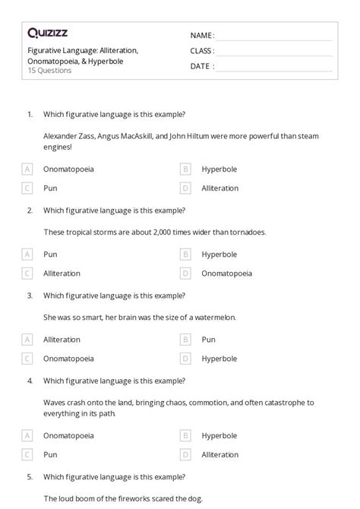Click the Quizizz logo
click(x=48, y=33)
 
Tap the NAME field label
click(x=201, y=36)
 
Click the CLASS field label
click(x=202, y=51)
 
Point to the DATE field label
click(x=201, y=66)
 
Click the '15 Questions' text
click(x=49, y=71)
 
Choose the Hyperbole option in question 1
click(x=219, y=169)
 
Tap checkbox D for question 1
click(x=185, y=188)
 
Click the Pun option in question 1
click(x=51, y=188)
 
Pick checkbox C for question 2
click(x=28, y=273)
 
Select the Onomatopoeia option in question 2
click(x=226, y=273)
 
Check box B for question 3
click(x=185, y=340)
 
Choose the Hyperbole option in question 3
click(x=219, y=358)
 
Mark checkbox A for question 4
click(x=28, y=435)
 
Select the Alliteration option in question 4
click(x=219, y=454)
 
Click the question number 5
click(x=30, y=477)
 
